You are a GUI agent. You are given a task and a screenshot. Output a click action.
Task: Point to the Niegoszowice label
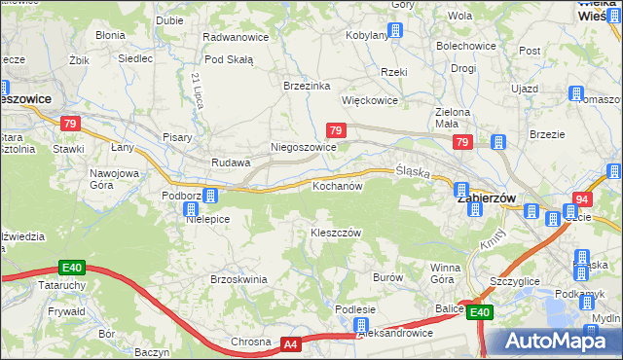[x=303, y=148]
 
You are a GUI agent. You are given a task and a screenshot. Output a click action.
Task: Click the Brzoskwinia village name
[x=238, y=279]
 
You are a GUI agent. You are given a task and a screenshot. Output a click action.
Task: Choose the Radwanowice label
[x=235, y=36]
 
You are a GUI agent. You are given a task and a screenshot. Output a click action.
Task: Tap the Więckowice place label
[x=370, y=99]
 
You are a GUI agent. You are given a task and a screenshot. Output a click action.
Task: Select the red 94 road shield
[x=582, y=198]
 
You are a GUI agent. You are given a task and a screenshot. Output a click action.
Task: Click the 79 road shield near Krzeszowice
[x=69, y=124]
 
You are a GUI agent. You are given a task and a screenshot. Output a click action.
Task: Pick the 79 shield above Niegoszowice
[x=335, y=130]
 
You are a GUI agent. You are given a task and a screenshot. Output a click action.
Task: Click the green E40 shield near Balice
[x=478, y=312]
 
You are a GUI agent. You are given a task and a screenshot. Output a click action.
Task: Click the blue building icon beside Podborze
[x=209, y=196]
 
